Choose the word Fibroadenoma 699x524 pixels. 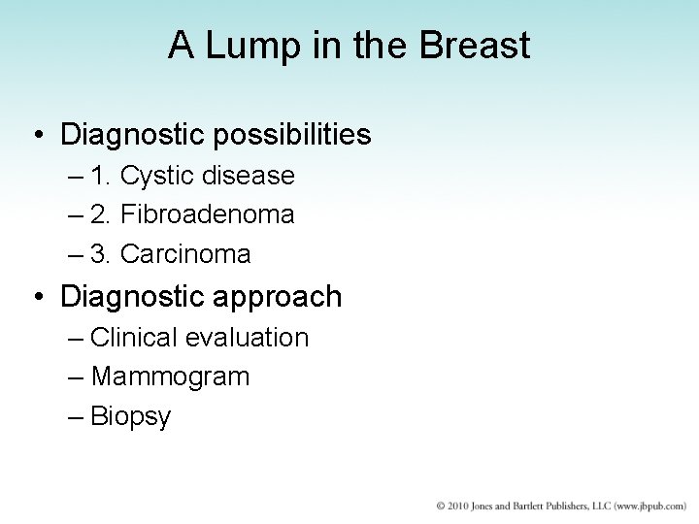tap(207, 214)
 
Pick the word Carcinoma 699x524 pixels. tap(185, 254)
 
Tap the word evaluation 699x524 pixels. tap(249, 338)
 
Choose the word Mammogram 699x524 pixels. tap(170, 377)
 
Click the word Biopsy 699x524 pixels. tap(130, 417)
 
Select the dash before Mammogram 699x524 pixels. tap(77, 377)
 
